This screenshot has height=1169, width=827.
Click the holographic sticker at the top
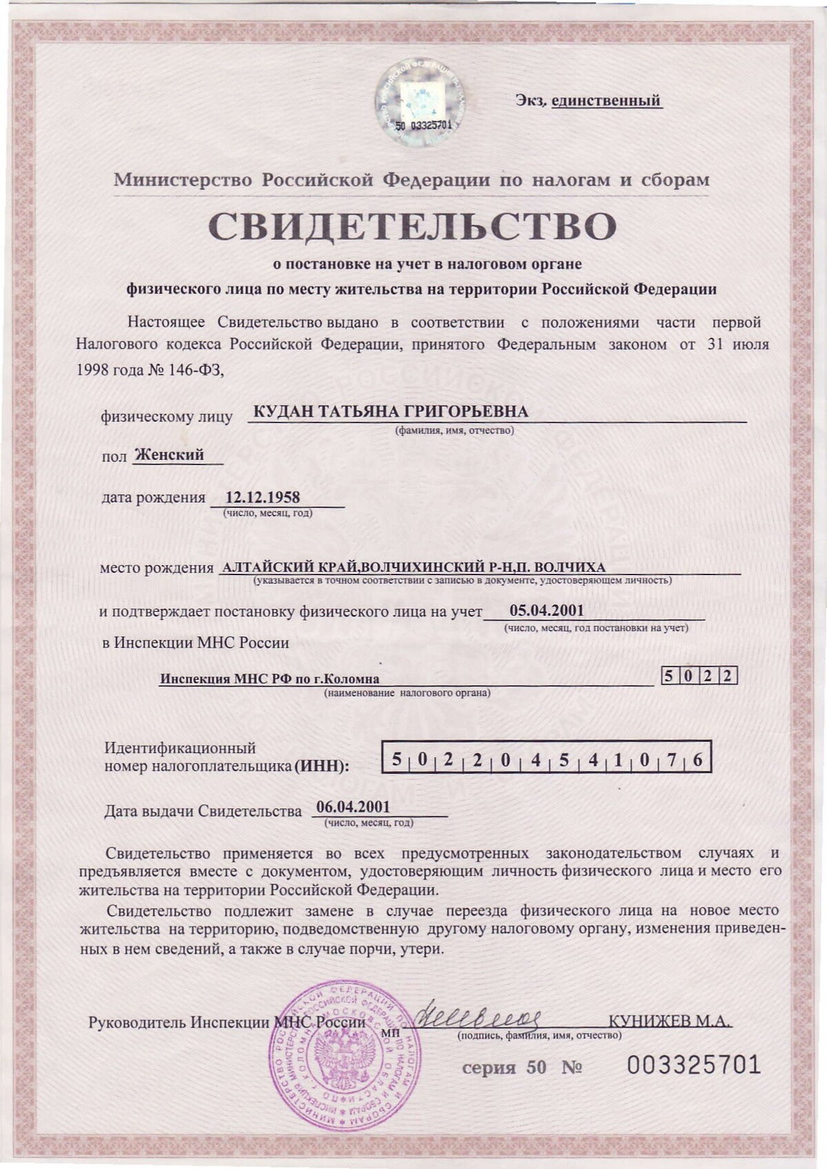pyautogui.click(x=419, y=102)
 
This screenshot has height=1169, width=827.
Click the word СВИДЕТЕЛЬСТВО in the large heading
pyautogui.click(x=412, y=226)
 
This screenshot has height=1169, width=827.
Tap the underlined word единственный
pyautogui.click(x=606, y=101)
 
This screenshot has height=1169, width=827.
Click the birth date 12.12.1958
pyautogui.click(x=263, y=497)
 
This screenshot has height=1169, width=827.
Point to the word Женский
pyautogui.click(x=170, y=455)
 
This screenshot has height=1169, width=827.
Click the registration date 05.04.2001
pyautogui.click(x=547, y=610)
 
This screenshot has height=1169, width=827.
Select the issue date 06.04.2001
pyautogui.click(x=353, y=807)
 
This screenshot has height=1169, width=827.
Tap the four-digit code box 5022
pyautogui.click(x=699, y=676)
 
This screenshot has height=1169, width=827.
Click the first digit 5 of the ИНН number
pyautogui.click(x=396, y=760)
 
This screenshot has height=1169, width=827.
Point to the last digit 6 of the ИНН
pyautogui.click(x=697, y=760)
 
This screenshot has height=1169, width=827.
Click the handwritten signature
pyautogui.click(x=479, y=1015)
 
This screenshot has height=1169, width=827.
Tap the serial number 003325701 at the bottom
pyautogui.click(x=693, y=1065)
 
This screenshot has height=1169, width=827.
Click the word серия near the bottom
pyautogui.click(x=489, y=1068)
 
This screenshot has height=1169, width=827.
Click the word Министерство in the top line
pyautogui.click(x=183, y=180)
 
